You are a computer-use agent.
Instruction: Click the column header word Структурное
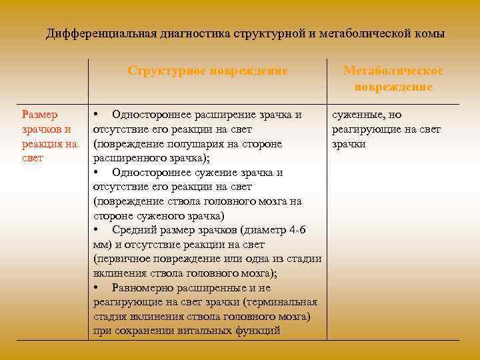168,71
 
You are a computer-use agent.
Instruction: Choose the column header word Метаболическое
393,71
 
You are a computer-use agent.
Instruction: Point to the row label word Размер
40,115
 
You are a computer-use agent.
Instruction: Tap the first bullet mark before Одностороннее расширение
97,115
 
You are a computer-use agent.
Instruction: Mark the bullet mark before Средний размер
97,230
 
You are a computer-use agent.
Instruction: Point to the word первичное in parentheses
122,259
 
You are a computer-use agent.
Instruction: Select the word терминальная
283,302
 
